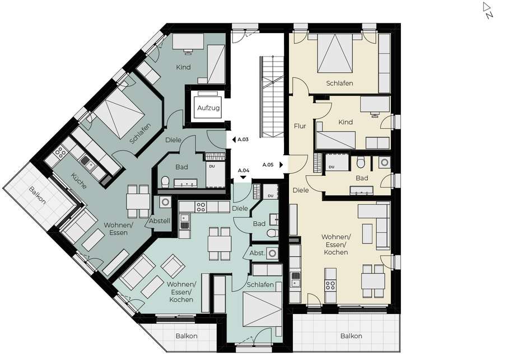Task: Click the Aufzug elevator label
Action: [208, 108]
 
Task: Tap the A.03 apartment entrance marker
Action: [240, 139]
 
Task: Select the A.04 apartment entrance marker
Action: [243, 172]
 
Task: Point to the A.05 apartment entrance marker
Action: [273, 165]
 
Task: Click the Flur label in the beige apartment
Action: [300, 126]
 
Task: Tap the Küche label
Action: [79, 181]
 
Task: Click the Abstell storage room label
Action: [160, 221]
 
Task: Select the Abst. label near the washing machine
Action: [257, 253]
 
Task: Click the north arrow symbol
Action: [488, 10]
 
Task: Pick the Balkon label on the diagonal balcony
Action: [37, 195]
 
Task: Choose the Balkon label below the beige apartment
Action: [351, 336]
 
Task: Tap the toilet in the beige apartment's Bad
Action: [361, 163]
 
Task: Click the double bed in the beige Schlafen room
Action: [335, 53]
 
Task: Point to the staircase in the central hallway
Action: [272, 97]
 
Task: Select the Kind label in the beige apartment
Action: [346, 122]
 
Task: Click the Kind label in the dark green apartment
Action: [183, 67]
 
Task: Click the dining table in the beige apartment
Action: [373, 280]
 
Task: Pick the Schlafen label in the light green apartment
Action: [260, 284]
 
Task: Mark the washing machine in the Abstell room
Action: [165, 202]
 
